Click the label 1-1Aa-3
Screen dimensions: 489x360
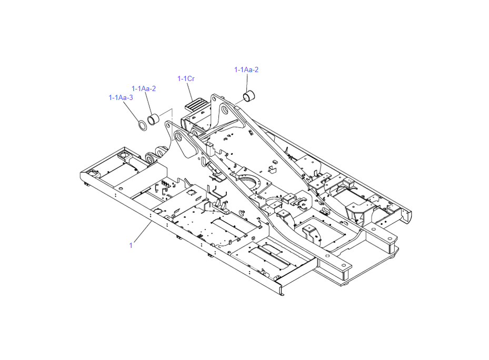point(121,98)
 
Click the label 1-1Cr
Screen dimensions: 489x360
point(186,78)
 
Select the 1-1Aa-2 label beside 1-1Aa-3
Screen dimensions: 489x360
point(144,88)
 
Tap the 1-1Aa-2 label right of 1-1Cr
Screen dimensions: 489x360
point(246,69)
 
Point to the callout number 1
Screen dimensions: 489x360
point(131,245)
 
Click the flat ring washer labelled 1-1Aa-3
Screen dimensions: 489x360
point(143,125)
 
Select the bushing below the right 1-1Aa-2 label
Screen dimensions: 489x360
point(249,96)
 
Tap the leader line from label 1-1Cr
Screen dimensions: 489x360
point(190,91)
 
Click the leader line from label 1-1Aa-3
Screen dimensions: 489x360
point(131,112)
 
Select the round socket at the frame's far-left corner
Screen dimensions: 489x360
point(93,172)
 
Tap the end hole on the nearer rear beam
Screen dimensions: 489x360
point(344,265)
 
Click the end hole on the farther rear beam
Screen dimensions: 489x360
point(390,238)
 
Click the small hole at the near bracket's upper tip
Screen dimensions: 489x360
point(168,125)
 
